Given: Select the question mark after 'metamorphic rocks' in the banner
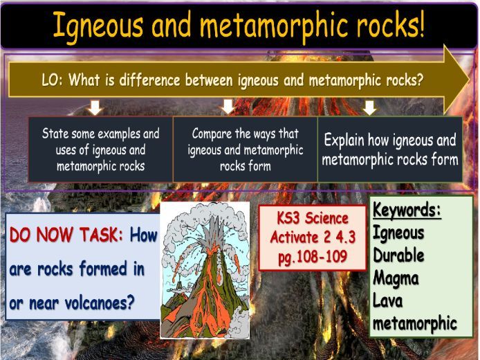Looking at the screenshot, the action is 420,80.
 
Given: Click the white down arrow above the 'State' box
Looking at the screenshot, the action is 95,108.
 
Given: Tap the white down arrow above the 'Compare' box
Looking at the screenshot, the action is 228,107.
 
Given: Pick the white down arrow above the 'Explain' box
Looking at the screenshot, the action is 370,108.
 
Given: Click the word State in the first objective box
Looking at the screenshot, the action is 55,134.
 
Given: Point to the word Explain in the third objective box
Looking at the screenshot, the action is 344,140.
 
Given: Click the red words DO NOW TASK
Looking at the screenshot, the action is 66,235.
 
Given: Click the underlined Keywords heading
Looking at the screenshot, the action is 407,210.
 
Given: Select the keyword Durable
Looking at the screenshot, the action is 398,255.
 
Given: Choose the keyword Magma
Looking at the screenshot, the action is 396,278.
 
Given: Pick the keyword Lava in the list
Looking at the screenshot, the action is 387,300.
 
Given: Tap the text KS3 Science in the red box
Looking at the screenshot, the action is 313,219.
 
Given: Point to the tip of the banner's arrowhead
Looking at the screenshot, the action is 470,80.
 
